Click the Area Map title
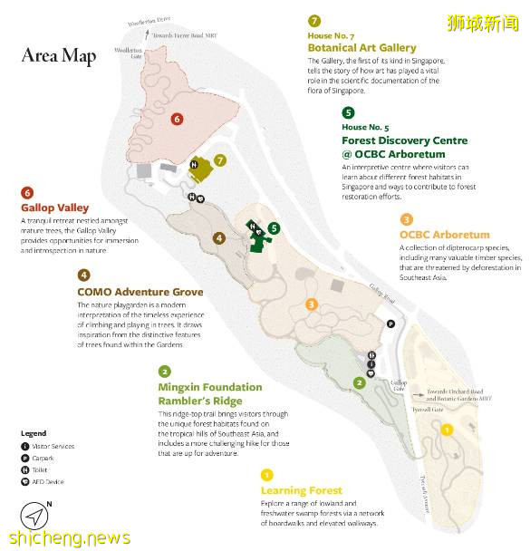tap(59, 55)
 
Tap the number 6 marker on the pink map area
tap(177, 119)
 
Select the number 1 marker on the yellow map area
tap(447, 430)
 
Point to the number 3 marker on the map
tap(312, 304)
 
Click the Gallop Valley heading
tap(54, 208)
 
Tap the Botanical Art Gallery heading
tap(361, 47)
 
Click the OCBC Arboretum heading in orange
tap(444, 235)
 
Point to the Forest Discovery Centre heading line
tap(404, 140)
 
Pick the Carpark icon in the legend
tap(24, 458)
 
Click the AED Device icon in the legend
tap(24, 481)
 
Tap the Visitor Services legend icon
tap(24, 446)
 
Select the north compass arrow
tap(34, 517)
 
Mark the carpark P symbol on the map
tap(390, 324)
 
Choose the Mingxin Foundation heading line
tap(209, 387)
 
